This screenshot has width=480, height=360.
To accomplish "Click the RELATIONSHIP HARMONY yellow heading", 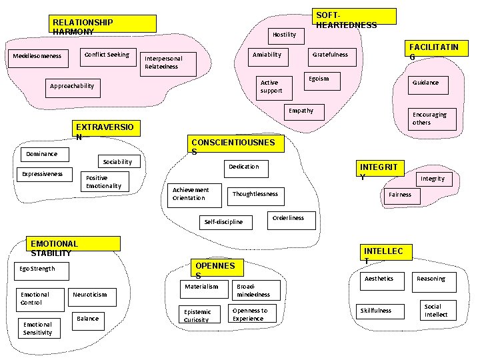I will point(103,25).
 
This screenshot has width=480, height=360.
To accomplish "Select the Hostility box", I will point(285,34).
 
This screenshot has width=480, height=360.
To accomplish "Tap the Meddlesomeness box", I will point(37,56).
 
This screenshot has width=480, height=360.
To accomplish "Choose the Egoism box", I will point(319,79).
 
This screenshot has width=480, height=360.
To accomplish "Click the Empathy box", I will point(301,111).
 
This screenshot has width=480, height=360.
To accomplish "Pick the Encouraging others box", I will point(429,119).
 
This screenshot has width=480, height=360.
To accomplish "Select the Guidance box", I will point(425,83).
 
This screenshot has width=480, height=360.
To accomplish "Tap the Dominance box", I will point(41,154).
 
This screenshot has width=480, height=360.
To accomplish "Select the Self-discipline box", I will point(224,221).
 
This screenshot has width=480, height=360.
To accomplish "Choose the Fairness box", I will point(400,195).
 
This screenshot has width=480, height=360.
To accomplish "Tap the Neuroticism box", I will point(89,294).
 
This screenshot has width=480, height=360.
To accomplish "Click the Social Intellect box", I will point(436,310).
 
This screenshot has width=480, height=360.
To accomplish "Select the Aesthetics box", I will point(379,279).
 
